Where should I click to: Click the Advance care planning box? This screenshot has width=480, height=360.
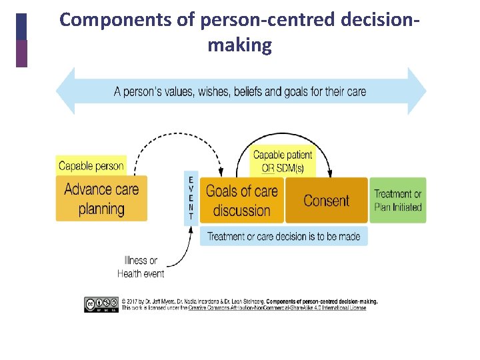tap(101, 199)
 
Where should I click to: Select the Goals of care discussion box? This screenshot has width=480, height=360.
tap(241, 201)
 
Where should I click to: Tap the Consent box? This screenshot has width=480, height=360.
tap(326, 200)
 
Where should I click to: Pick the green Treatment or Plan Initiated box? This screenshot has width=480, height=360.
tap(397, 200)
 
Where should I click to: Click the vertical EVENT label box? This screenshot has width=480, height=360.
tap(191, 198)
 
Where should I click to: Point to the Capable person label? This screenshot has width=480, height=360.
tap(91, 166)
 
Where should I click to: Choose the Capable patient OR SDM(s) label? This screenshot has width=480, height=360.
tap(283, 161)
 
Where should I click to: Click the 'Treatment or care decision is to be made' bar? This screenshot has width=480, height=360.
tap(283, 236)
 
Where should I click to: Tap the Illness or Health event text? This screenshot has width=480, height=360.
tap(141, 267)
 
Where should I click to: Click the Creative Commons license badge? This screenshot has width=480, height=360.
tap(101, 304)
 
